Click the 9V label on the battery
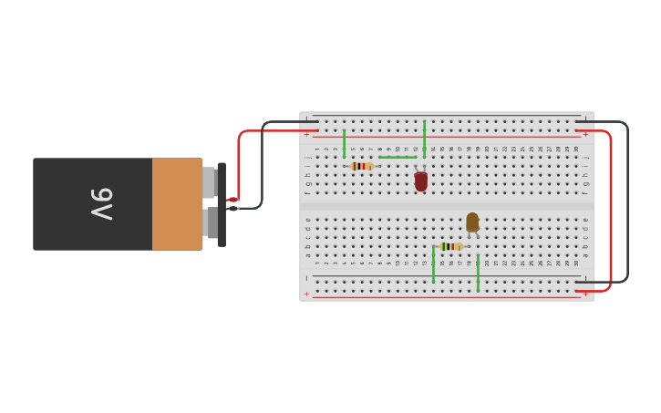click(100, 203)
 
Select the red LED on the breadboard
click(420, 181)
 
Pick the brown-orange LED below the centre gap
click(472, 222)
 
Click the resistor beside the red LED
click(362, 166)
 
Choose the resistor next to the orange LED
click(450, 246)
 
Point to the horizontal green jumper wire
click(398, 157)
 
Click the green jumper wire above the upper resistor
click(344, 143)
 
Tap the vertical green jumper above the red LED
click(424, 139)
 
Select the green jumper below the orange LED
click(478, 273)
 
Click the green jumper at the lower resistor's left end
click(433, 264)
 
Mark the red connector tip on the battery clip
click(232, 200)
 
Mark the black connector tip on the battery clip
click(232, 209)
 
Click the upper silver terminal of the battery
click(209, 182)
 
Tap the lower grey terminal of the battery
click(212, 222)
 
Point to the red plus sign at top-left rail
click(306, 135)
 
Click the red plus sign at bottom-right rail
click(585, 294)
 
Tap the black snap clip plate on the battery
click(222, 204)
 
